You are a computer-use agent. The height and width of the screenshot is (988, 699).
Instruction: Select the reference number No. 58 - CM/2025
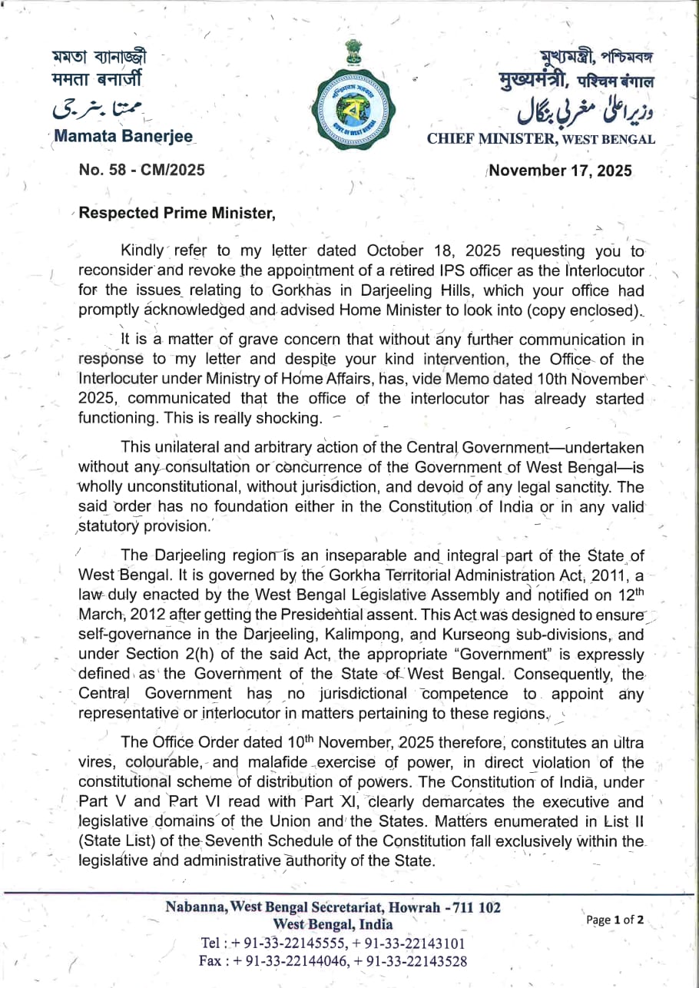tap(141, 170)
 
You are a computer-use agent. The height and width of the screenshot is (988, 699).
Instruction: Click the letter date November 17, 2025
tap(561, 171)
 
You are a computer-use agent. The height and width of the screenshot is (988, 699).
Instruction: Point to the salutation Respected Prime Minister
tap(177, 214)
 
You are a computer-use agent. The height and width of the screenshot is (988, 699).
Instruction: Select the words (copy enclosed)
tap(596, 310)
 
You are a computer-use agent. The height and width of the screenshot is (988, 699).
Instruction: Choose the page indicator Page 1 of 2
tap(615, 920)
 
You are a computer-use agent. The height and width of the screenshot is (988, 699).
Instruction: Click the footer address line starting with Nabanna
tap(333, 907)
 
